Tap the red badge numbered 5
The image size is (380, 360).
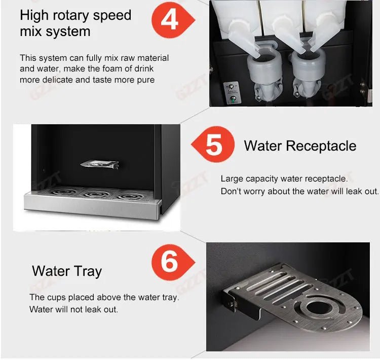[x=213, y=145]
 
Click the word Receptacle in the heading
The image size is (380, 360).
[x=321, y=146]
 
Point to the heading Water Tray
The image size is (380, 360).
[x=67, y=271]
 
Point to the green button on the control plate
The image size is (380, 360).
[x=233, y=98]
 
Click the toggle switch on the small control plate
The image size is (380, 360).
[x=231, y=87]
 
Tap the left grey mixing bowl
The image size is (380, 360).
[x=264, y=68]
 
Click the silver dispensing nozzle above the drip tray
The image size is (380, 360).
[x=100, y=164]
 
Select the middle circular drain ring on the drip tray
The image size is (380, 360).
[x=96, y=194]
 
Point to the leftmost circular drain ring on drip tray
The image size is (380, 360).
[x=63, y=192]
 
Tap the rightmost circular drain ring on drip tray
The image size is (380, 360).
[x=129, y=196]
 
